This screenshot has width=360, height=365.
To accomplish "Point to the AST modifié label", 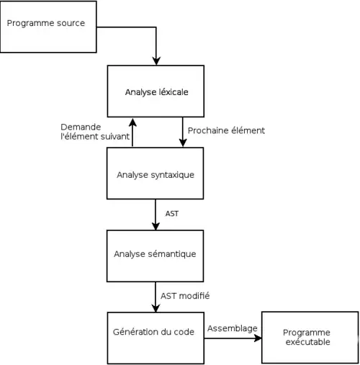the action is [185, 296].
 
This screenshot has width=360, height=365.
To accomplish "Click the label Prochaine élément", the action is [226, 130].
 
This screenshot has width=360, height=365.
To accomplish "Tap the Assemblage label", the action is [233, 328].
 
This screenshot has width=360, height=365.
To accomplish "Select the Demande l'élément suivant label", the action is [95, 132].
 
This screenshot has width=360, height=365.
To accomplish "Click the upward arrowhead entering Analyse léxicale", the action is [132, 122].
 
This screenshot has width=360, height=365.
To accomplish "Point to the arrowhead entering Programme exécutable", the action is [258, 338].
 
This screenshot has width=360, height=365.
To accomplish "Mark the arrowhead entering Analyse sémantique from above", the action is [156, 226].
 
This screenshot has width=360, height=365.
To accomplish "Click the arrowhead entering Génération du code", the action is [156, 308].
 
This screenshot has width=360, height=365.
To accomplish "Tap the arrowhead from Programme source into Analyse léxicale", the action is [156, 61].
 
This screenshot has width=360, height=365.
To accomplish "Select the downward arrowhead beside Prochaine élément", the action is [183, 143].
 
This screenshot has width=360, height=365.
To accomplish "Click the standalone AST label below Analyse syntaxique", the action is [172, 214].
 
